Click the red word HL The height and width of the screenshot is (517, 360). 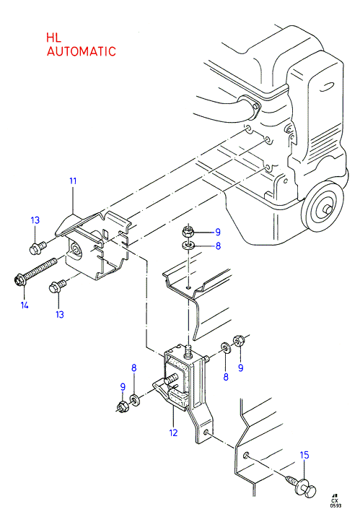53,38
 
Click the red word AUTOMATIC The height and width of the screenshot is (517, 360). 82,51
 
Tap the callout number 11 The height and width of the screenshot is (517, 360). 73,181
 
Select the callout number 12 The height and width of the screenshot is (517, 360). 173,433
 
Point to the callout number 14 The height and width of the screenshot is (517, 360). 25,305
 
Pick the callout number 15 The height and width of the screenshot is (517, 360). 304,455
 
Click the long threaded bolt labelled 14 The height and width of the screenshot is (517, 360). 35,271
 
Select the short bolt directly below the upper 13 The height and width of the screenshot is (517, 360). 38,248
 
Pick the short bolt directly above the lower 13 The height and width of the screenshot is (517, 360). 57,286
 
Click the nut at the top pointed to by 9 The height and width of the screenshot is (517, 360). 188,231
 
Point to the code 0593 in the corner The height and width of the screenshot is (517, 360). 336,506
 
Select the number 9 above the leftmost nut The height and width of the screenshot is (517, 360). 123,387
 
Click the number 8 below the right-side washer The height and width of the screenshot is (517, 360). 226,376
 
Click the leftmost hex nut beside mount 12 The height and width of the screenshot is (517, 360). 123,407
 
